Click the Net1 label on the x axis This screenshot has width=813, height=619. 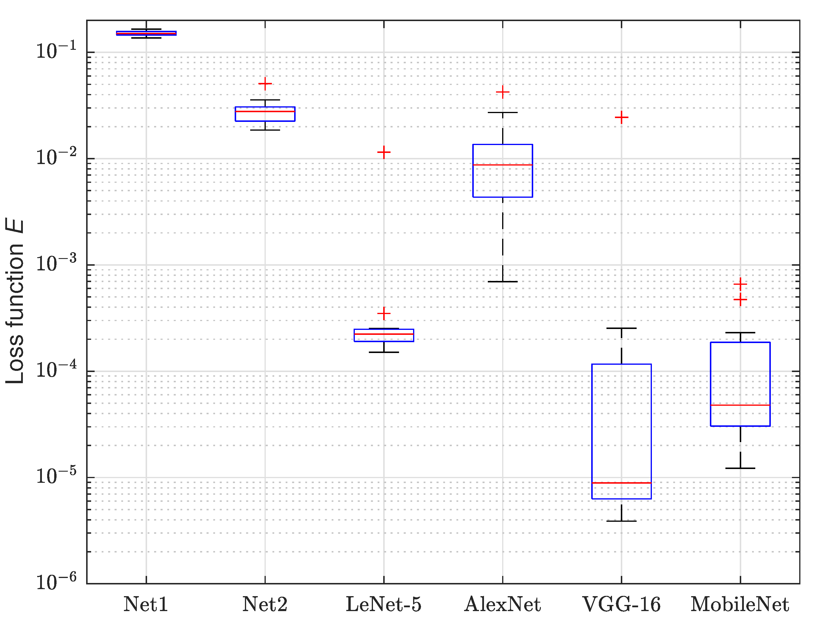(146, 604)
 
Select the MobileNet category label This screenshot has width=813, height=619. (740, 604)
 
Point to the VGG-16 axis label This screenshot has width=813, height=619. (621, 604)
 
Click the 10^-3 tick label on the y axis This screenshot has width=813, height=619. (56, 263)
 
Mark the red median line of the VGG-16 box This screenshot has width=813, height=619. (621, 483)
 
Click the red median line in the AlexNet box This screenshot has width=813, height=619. (502, 165)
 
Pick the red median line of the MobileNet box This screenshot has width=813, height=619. (740, 405)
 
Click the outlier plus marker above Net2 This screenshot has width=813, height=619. (265, 84)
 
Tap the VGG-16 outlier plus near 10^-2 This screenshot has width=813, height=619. (621, 117)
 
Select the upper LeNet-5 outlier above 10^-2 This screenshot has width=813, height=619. (384, 152)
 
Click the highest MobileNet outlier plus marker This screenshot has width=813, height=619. (740, 284)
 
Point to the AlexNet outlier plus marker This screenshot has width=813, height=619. (502, 92)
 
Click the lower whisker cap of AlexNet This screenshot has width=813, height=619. (502, 282)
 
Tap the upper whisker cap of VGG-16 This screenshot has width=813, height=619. (621, 328)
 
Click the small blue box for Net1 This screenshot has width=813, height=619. (146, 33)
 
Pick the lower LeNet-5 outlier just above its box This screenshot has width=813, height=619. (384, 313)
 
